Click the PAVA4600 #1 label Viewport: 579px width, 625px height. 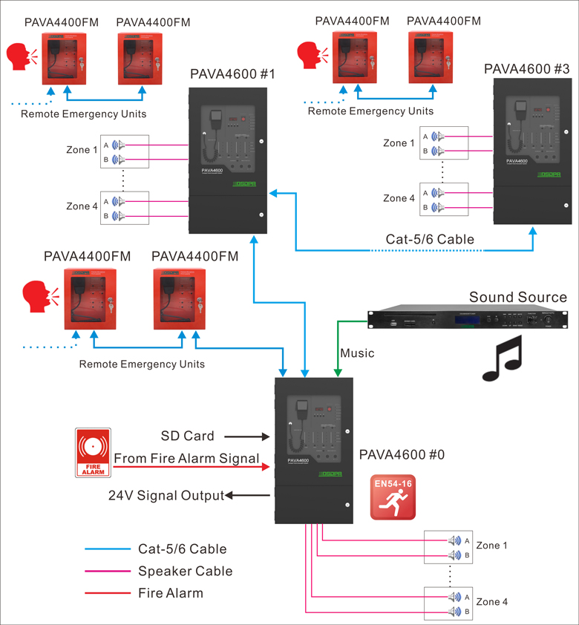pyautogui.click(x=232, y=74)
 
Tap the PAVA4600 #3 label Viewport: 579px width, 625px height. pyautogui.click(x=526, y=69)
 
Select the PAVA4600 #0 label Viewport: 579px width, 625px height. pyautogui.click(x=401, y=454)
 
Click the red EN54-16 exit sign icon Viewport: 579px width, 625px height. pyautogui.click(x=394, y=497)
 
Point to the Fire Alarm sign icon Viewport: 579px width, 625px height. pyautogui.click(x=93, y=452)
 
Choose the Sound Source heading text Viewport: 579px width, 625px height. pyautogui.click(x=517, y=298)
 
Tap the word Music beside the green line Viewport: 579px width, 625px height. pyautogui.click(x=357, y=353)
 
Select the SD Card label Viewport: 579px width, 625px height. pyautogui.click(x=187, y=436)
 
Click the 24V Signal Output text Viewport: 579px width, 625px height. pyautogui.click(x=166, y=496)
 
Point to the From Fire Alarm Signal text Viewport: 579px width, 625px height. pyautogui.click(x=186, y=459)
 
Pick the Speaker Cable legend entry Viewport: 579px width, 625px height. pyautogui.click(x=185, y=572)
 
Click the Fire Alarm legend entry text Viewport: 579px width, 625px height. pyautogui.click(x=170, y=593)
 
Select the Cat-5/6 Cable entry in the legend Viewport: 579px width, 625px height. pyautogui.click(x=182, y=549)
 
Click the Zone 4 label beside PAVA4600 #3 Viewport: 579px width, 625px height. pyautogui.click(x=399, y=198)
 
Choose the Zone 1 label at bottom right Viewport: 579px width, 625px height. pyautogui.click(x=492, y=546)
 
